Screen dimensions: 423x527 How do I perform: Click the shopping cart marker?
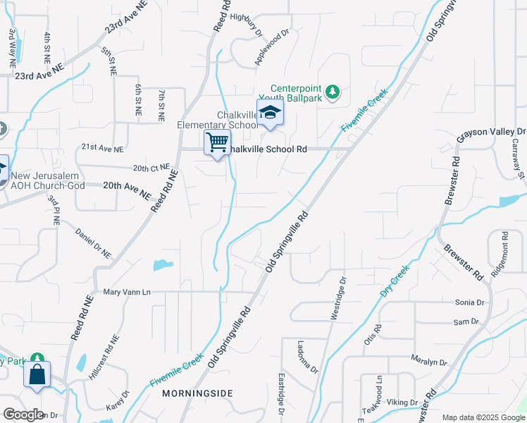218,142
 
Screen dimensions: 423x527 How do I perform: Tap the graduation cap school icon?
270,112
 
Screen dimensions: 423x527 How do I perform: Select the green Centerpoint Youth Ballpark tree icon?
334,92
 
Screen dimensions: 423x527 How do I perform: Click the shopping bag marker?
37,374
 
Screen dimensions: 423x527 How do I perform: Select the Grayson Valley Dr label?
491,132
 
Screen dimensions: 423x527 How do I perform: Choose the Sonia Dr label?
470,302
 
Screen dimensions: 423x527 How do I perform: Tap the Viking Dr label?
402,402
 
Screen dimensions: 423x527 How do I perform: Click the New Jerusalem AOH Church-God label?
48,180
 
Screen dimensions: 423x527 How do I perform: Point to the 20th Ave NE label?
127,189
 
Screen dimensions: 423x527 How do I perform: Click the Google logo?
23,414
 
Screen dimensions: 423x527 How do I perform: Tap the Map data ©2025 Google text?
483,417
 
